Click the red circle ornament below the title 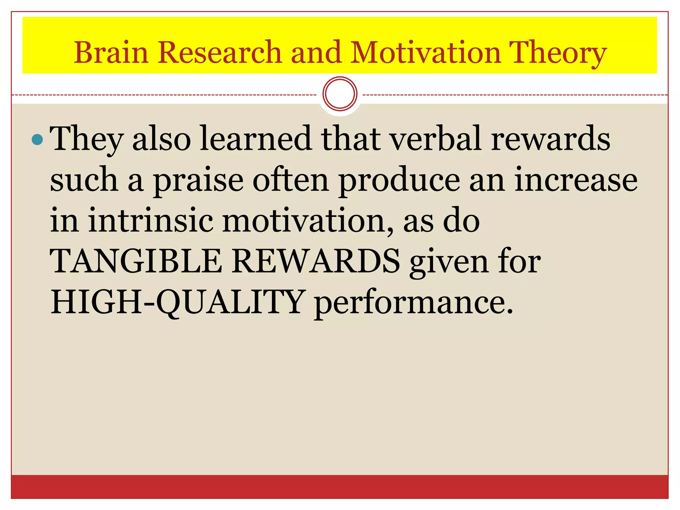pos(340,94)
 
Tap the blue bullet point pos(37,139)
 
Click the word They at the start pos(87,139)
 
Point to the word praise pos(198,180)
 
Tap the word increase pos(576,180)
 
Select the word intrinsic pos(151,220)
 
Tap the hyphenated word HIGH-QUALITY pos(177,302)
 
